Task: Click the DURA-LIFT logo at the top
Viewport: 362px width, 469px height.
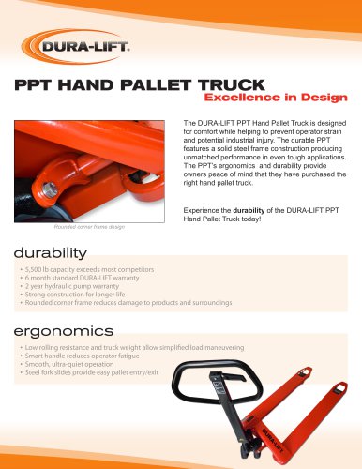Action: (76, 47)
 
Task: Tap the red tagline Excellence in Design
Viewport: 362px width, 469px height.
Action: (276, 98)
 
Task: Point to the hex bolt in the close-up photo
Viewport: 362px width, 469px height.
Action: (50, 189)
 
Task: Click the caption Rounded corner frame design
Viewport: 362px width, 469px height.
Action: (89, 227)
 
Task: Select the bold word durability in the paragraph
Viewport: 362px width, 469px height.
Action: (249, 210)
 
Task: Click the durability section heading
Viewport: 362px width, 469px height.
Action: (50, 253)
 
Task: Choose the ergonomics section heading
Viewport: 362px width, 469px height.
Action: (64, 331)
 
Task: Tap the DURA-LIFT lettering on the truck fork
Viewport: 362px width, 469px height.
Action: (272, 440)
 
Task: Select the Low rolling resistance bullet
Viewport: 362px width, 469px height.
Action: (134, 347)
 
